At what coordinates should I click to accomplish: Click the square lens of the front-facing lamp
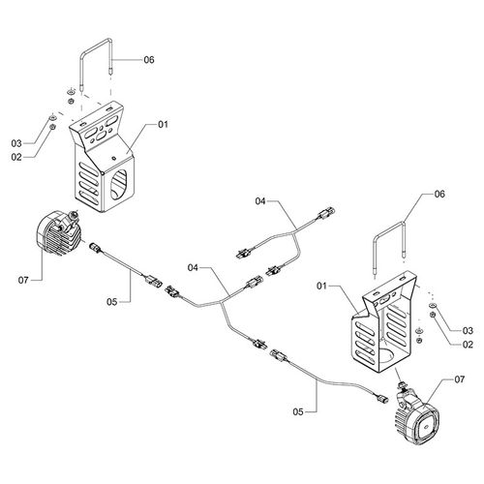426,427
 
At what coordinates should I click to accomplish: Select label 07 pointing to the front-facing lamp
460,379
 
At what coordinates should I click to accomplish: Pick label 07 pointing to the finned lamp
23,280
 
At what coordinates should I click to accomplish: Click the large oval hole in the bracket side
119,184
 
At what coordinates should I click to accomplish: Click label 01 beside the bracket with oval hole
164,124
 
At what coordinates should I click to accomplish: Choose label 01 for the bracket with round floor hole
321,286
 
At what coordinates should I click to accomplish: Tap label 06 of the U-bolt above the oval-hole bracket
149,60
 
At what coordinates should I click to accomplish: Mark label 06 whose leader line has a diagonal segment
439,194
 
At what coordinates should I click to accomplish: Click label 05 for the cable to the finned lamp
111,302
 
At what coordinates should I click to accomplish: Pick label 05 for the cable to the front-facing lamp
298,411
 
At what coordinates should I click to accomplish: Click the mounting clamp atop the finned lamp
71,221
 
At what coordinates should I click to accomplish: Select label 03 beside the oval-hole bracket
16,143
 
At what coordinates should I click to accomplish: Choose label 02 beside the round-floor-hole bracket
468,345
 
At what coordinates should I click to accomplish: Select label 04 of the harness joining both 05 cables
193,267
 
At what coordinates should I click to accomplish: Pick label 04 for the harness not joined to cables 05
260,201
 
